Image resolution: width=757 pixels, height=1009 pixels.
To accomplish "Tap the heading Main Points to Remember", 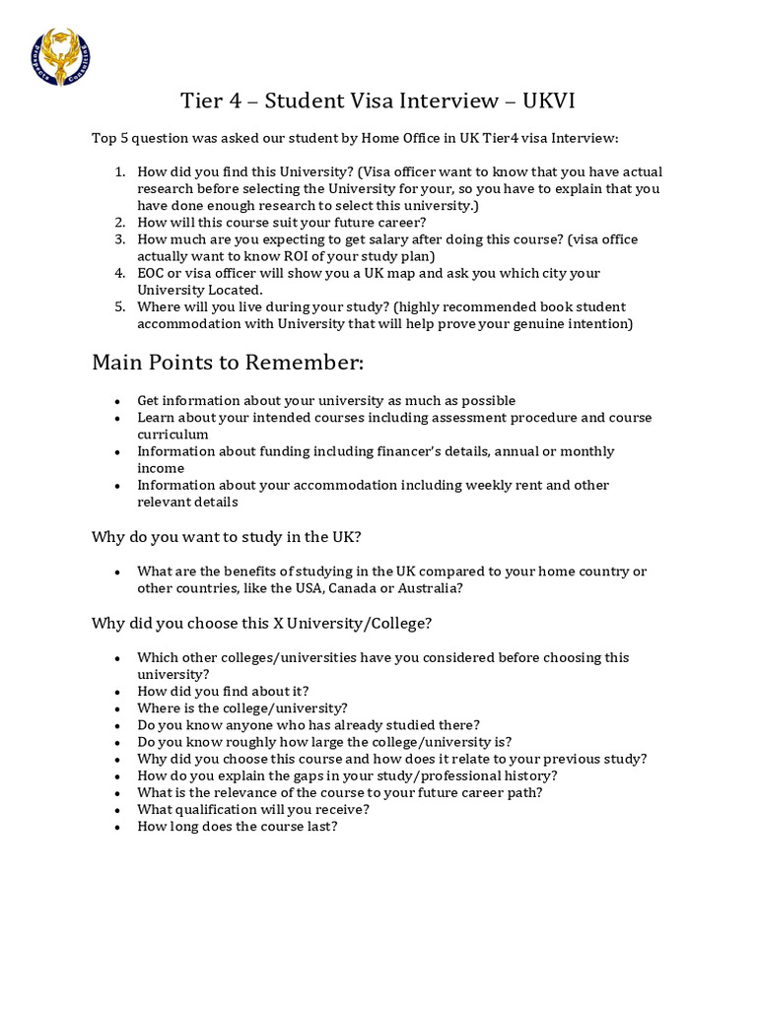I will coord(228,362).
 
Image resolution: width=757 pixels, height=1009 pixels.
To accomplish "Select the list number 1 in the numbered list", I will coord(119,171).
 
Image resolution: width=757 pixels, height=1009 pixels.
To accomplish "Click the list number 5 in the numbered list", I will coord(119,306).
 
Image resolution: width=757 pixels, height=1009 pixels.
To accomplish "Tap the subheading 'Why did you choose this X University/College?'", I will coord(261,623).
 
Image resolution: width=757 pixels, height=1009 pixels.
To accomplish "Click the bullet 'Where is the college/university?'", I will coord(241,707).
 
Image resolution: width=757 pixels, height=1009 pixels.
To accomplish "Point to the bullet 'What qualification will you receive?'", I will coord(253,809).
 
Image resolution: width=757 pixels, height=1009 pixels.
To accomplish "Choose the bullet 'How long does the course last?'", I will coord(237,826).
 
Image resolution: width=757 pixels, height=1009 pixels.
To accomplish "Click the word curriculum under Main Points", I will coord(172,435).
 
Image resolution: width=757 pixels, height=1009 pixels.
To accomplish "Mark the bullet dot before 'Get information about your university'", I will coord(118,401).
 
